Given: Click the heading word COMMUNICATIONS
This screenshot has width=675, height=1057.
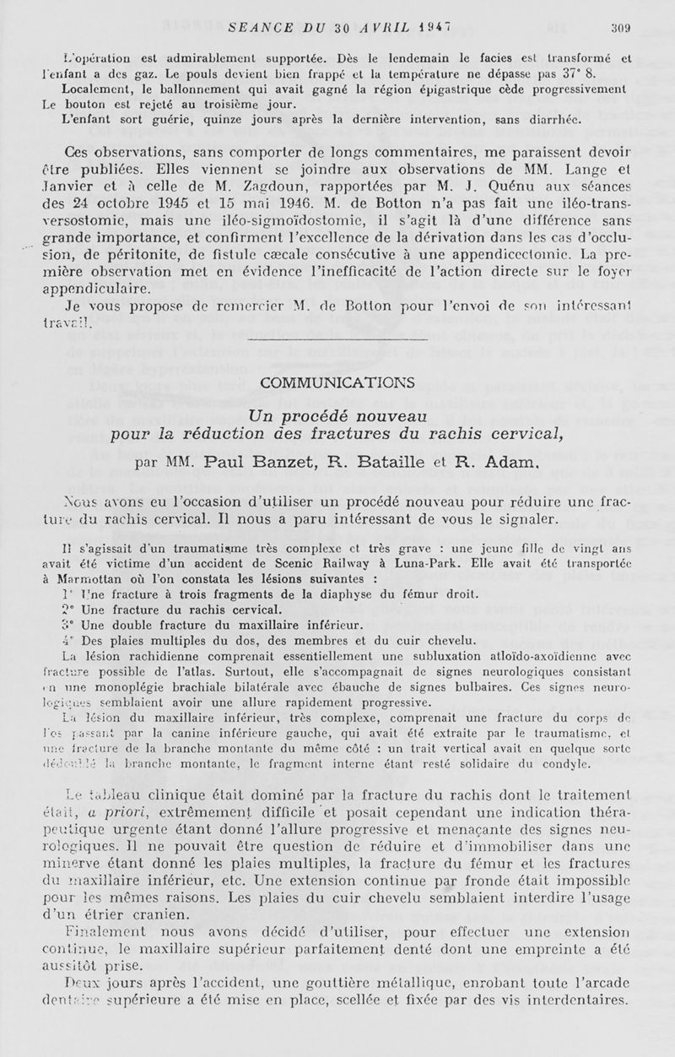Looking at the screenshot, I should point(337,382).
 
